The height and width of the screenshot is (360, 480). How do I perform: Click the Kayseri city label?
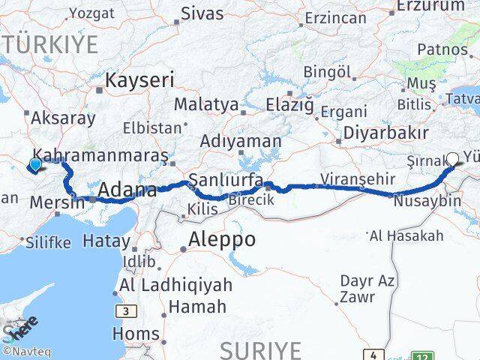[140, 80]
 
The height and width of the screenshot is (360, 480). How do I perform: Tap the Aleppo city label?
[223, 240]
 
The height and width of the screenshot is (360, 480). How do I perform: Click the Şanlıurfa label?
[226, 180]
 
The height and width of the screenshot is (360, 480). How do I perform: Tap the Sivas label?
[202, 12]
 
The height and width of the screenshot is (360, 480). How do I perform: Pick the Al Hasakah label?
[406, 236]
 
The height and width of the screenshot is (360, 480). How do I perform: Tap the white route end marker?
[452, 159]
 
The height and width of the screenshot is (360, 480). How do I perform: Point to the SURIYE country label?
[261, 349]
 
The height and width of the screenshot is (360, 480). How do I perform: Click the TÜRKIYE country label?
[51, 44]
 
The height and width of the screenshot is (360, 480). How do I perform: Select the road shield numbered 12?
[424, 355]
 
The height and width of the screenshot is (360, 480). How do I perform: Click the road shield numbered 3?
[121, 310]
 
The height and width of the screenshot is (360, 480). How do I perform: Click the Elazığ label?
[288, 105]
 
